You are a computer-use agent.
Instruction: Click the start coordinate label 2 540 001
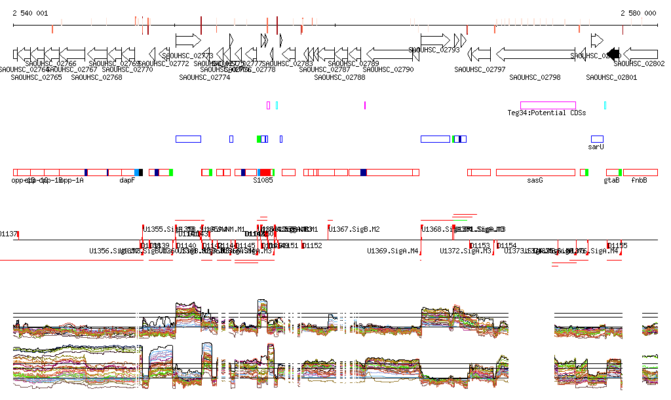tap(30, 13)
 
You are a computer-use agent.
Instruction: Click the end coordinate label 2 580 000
tap(638, 13)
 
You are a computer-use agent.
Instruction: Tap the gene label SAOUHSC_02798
tap(535, 77)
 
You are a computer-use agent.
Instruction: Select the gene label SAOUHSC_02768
tap(96, 77)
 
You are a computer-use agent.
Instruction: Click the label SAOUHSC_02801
tap(611, 77)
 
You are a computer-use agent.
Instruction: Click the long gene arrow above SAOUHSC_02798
tap(535, 54)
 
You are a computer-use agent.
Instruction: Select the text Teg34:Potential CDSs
tap(546, 113)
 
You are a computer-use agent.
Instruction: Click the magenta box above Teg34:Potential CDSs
tap(548, 105)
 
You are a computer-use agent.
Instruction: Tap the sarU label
tap(596, 147)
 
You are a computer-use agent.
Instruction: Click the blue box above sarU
tap(597, 139)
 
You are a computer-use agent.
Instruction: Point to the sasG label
tap(535, 180)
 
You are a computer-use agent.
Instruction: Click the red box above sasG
tap(535, 172)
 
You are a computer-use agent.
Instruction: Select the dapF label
tap(127, 180)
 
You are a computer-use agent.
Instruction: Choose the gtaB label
tap(611, 180)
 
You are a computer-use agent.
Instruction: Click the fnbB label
tap(639, 180)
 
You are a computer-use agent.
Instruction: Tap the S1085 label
tap(263, 180)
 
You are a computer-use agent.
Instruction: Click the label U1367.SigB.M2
tap(354, 229)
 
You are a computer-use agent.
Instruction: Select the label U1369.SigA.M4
tap(393, 251)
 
